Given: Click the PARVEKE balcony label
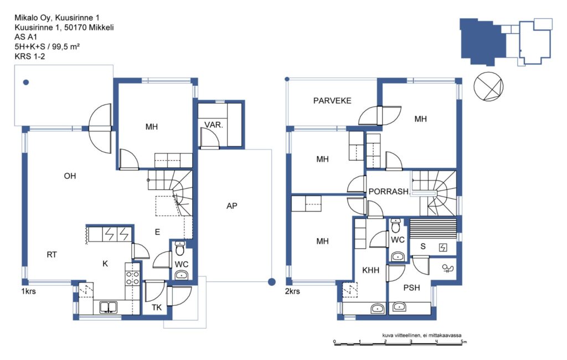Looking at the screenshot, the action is pyautogui.click(x=332, y=101).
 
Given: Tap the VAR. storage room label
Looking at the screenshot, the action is pyautogui.click(x=213, y=125).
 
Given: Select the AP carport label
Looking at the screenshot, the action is pyautogui.click(x=232, y=206).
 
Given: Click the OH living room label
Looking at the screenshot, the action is pyautogui.click(x=70, y=176).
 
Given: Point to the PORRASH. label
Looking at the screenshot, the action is pyautogui.click(x=389, y=192).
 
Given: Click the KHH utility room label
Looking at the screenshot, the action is pyautogui.click(x=370, y=270).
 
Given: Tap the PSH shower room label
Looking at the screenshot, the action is pyautogui.click(x=411, y=287).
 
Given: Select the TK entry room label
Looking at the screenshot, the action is pyautogui.click(x=157, y=307).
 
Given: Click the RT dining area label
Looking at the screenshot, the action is pyautogui.click(x=51, y=255).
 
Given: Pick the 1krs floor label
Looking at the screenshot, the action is pyautogui.click(x=29, y=291).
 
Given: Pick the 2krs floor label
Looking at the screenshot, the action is pyautogui.click(x=292, y=291).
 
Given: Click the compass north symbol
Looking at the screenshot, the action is pyautogui.click(x=488, y=86).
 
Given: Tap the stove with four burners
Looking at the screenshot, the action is pyautogui.click(x=132, y=277).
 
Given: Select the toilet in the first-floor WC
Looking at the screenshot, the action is pyautogui.click(x=180, y=249).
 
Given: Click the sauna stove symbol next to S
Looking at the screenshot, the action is pyautogui.click(x=443, y=248).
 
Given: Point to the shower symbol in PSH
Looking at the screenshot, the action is pyautogui.click(x=448, y=268).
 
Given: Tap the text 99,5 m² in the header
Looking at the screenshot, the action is pyautogui.click(x=66, y=47).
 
